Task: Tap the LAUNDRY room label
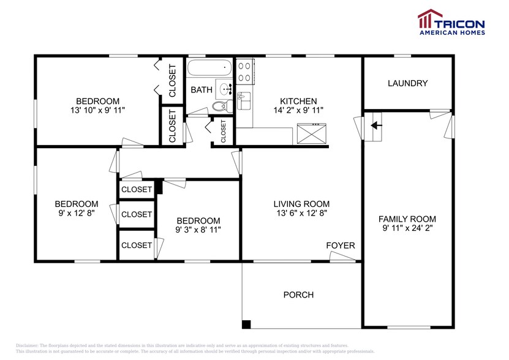tap(407, 83)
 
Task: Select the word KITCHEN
tap(298, 101)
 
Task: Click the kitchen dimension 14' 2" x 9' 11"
tap(298, 110)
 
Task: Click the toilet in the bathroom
tap(219, 106)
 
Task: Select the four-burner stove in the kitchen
tap(244, 71)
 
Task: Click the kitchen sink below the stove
tap(243, 99)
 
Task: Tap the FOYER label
tap(340, 246)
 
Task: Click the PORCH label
tap(298, 294)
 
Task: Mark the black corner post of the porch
tap(246, 324)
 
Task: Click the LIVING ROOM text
tap(301, 204)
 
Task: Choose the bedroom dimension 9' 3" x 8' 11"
tap(198, 230)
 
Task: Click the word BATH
tap(201, 89)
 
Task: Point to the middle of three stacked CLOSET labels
tap(137, 214)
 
